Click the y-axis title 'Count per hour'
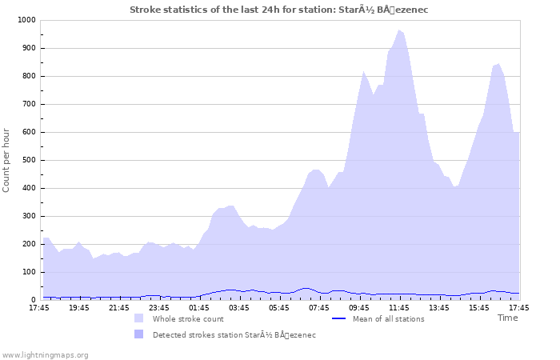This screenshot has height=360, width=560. click(7, 160)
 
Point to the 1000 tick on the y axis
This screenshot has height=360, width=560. click(25, 20)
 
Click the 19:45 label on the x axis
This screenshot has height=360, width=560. click(79, 307)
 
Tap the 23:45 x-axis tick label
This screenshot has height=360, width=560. click(159, 307)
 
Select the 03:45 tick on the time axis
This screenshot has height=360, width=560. click(239, 307)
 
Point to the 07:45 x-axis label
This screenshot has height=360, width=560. click(319, 307)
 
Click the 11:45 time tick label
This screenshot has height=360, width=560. click(399, 307)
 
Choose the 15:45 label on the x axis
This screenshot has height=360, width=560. click(479, 307)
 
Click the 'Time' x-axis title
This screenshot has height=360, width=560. click(507, 318)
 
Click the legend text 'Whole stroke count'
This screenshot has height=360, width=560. click(188, 318)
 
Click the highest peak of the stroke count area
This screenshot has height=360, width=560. click(399, 30)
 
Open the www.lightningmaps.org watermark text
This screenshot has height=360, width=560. click(46, 354)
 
